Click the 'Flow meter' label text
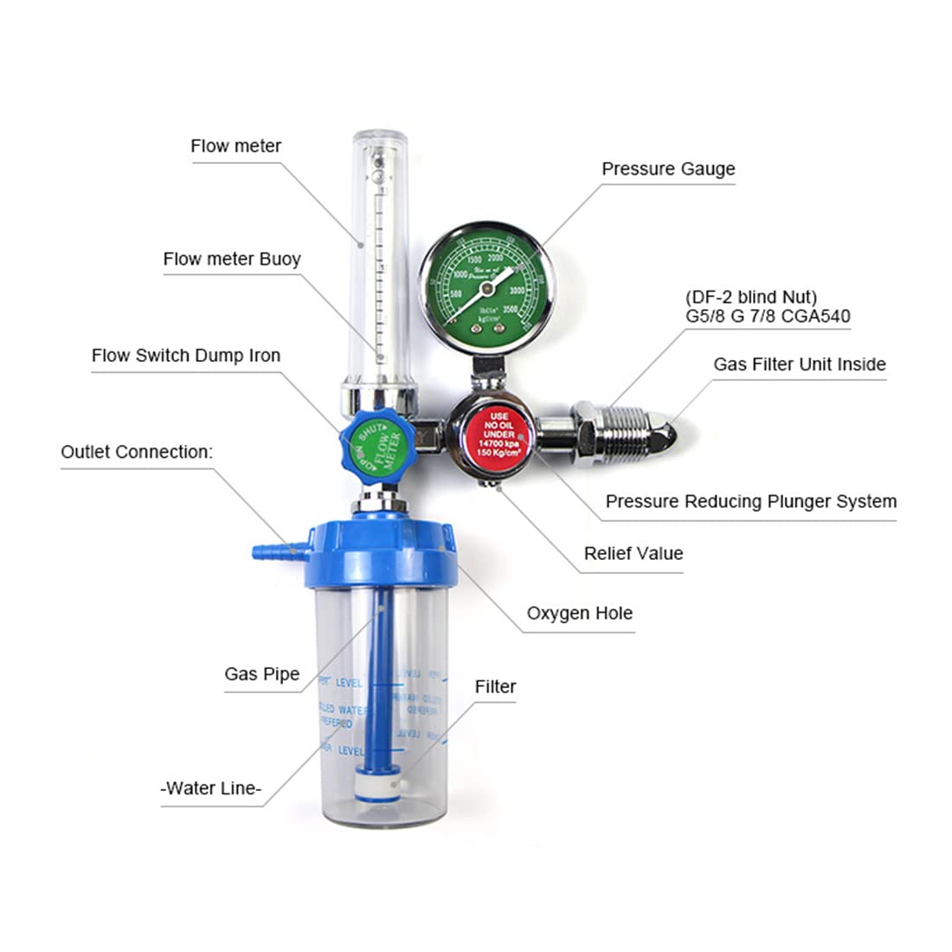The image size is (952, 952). (x=235, y=146)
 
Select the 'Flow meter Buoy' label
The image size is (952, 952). (x=231, y=259)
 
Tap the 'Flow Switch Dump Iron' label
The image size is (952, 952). (x=186, y=356)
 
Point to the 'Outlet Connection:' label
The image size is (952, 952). (x=136, y=452)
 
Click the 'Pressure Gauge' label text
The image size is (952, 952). (x=668, y=169)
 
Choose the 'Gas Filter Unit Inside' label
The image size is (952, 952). (x=799, y=364)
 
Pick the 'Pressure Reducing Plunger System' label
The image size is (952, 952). (x=750, y=501)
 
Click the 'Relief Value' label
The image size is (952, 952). (x=633, y=553)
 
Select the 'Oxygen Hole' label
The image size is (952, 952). (x=579, y=614)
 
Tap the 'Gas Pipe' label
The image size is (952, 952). (x=261, y=674)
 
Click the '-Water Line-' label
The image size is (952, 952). (x=211, y=788)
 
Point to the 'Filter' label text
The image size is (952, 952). (x=495, y=687)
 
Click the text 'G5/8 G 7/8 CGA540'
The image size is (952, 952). (x=768, y=316)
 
